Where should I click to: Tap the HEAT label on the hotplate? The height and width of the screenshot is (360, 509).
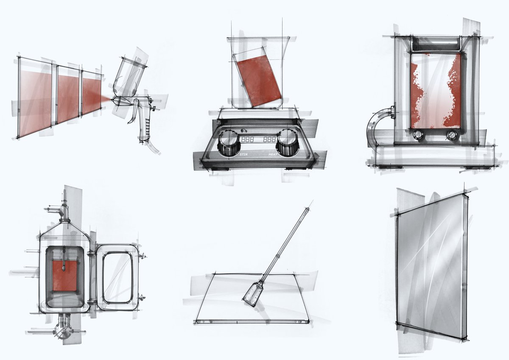[x=273, y=155]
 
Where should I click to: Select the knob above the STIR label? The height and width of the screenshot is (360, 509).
[x=229, y=141]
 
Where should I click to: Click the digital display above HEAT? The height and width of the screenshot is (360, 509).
[x=269, y=140]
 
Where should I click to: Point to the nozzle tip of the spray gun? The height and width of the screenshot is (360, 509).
[x=111, y=100]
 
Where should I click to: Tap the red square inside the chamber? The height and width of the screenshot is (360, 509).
[x=64, y=276]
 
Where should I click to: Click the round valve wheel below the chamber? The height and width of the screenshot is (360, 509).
[x=64, y=328]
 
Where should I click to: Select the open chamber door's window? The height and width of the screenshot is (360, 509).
[x=117, y=277]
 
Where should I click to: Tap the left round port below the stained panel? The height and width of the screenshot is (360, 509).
[x=418, y=134]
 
